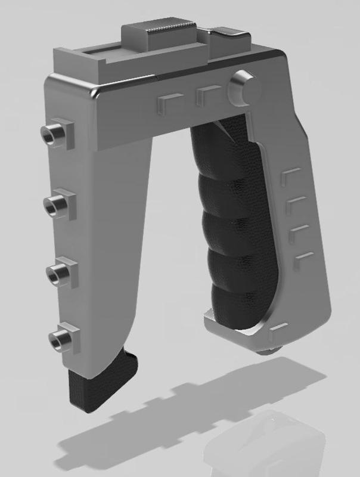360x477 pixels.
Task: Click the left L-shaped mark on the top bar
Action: [167, 102]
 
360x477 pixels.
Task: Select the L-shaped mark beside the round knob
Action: [207, 95]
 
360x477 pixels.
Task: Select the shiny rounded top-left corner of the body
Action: [94, 92]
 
